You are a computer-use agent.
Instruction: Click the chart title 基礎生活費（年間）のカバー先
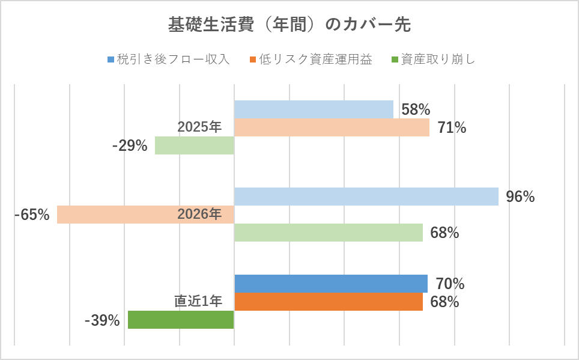289,25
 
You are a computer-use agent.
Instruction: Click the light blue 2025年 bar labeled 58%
314,109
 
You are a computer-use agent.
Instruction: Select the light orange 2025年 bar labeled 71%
332,127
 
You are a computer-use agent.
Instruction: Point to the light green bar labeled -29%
194,145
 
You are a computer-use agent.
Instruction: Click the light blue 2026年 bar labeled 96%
366,197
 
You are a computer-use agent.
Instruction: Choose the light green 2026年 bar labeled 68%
328,233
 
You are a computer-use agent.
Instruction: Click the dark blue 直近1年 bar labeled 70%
330,284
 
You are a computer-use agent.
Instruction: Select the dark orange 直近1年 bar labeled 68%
328,302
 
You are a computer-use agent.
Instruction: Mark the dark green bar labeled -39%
181,320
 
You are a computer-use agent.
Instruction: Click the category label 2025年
199,127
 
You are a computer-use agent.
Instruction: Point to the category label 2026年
199,215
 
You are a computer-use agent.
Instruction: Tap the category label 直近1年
199,302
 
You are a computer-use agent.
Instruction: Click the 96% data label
520,197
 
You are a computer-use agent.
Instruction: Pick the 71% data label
452,128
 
